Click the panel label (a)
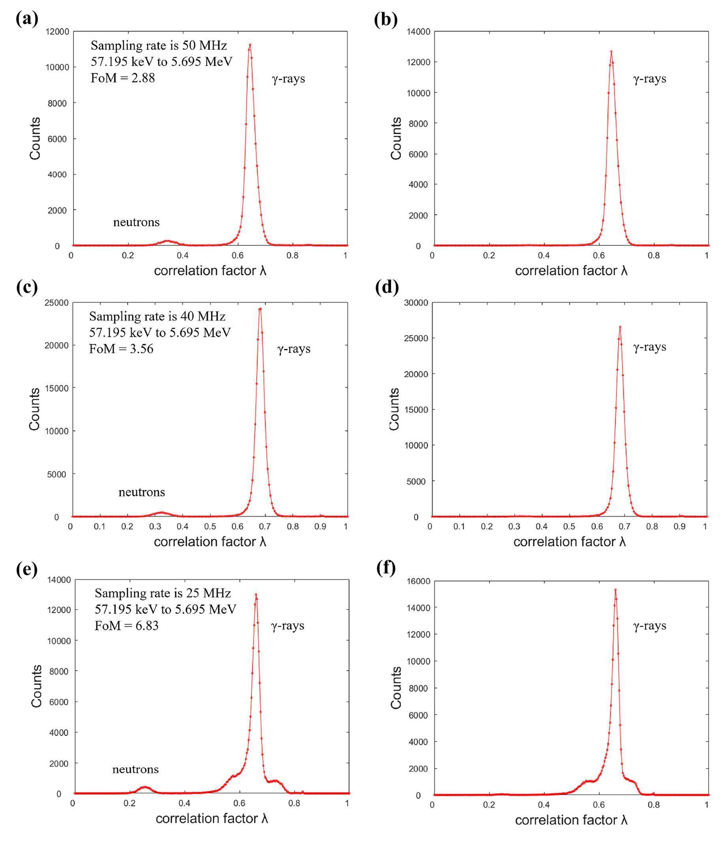[x=27, y=19]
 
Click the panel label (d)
[x=387, y=288]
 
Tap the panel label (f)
[x=386, y=568]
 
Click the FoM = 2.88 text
[x=123, y=78]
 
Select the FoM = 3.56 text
[x=121, y=349]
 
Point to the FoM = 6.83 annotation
[x=126, y=626]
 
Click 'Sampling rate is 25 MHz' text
[x=163, y=593]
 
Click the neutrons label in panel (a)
[x=136, y=222]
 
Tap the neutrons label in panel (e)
[x=135, y=769]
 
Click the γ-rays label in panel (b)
[x=649, y=79]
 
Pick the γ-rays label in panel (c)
[x=294, y=349]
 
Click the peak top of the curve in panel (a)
[x=250, y=45]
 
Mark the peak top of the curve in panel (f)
[x=615, y=589]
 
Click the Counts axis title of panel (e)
[x=36, y=686]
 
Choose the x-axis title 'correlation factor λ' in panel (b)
[x=571, y=271]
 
